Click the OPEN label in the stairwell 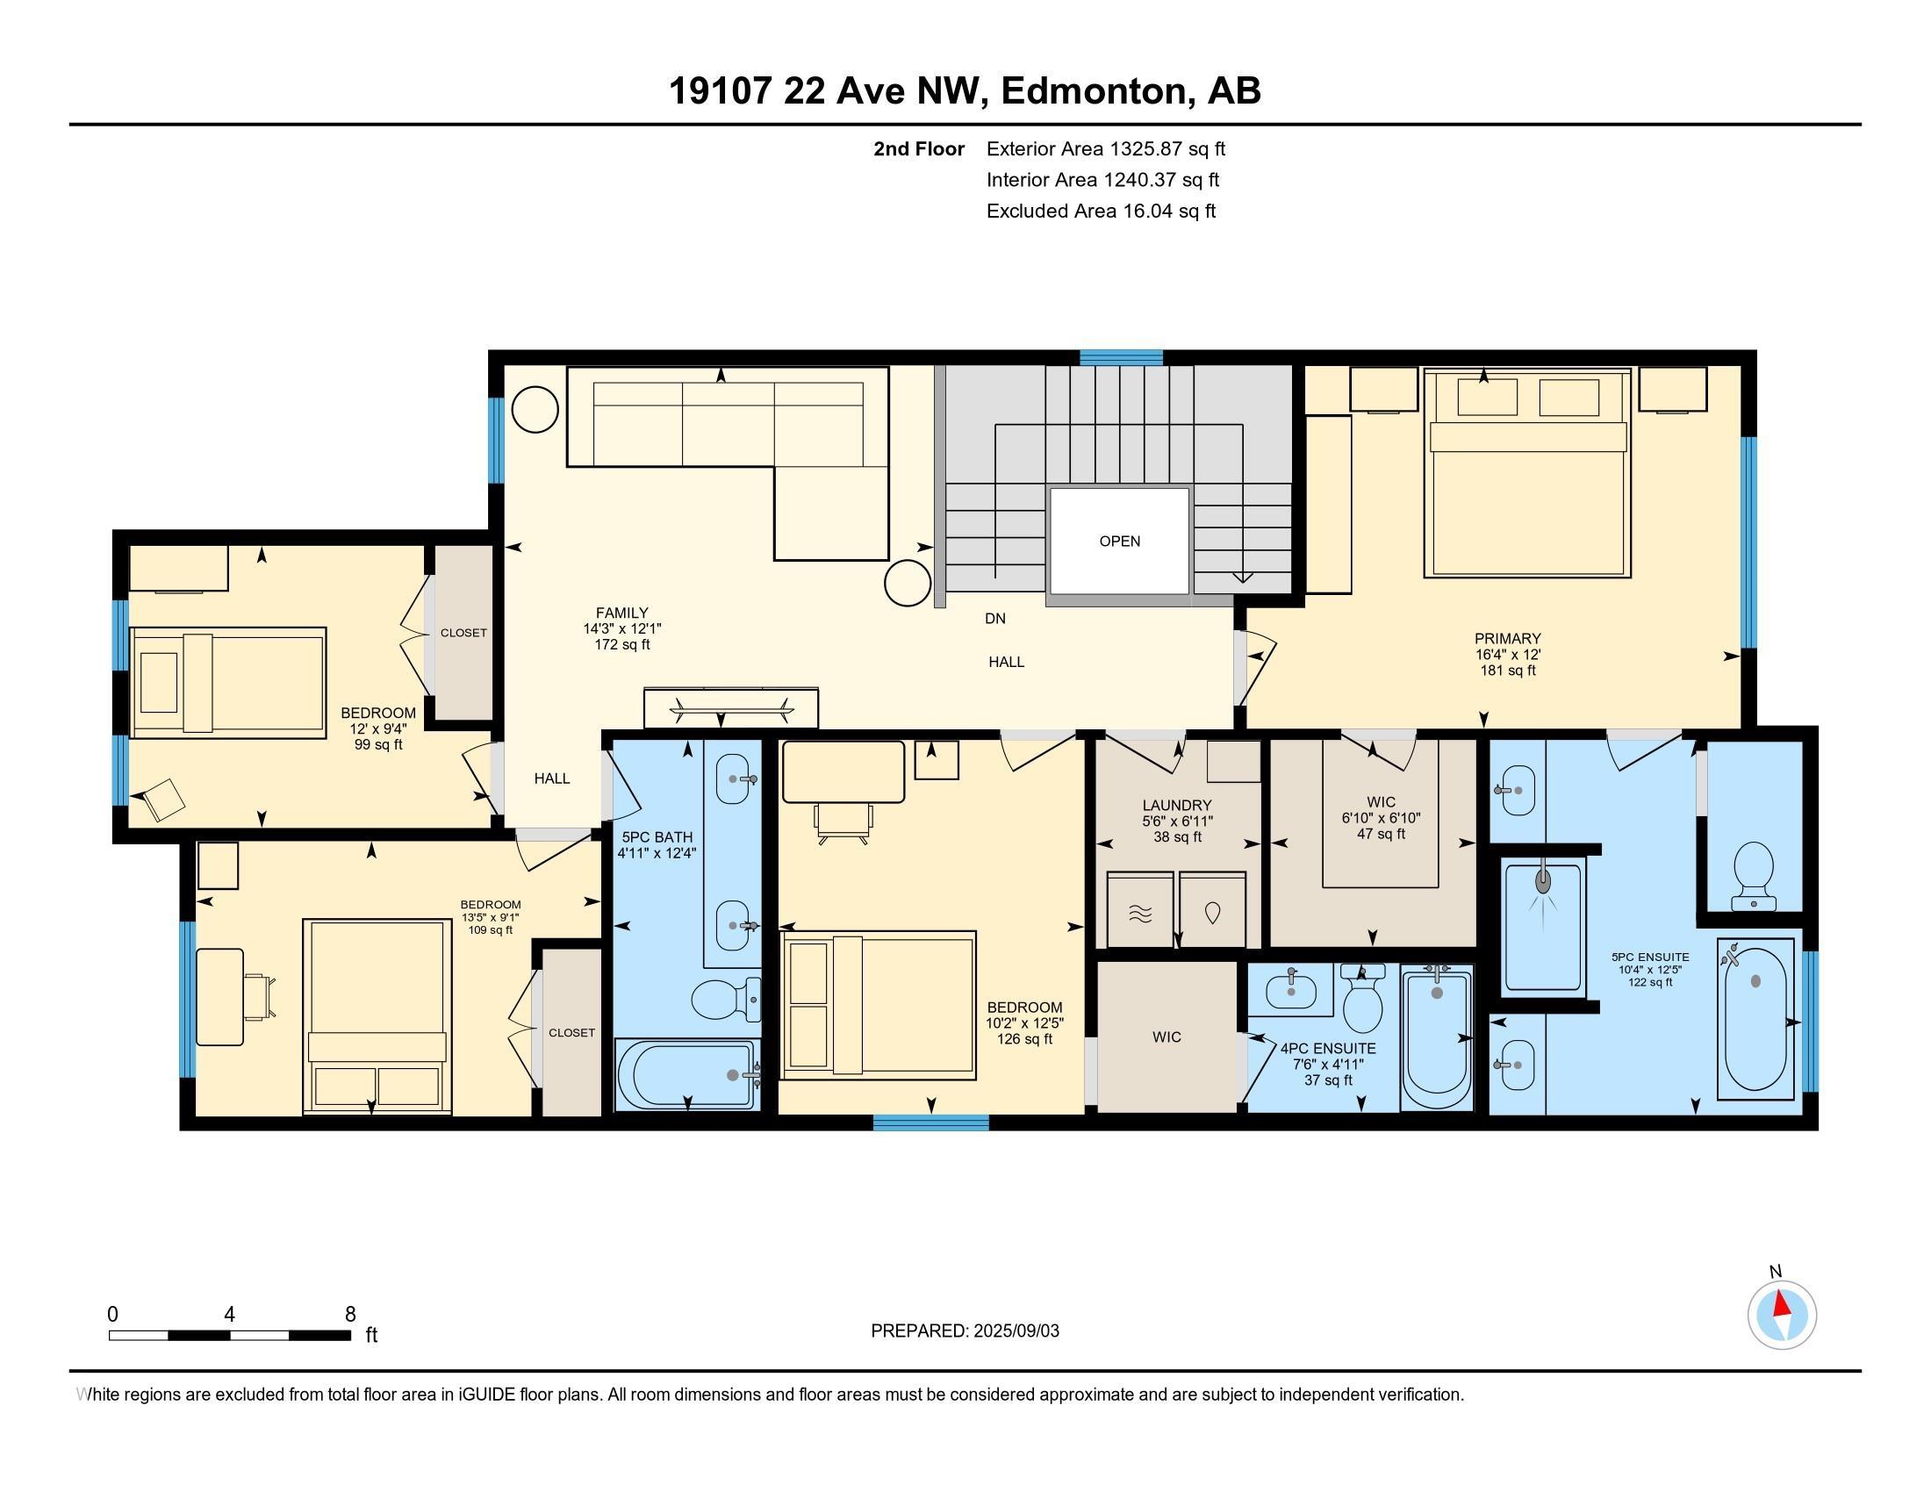point(1119,541)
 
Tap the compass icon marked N point(1782,1315)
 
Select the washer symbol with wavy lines point(1140,910)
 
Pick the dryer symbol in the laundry point(1212,910)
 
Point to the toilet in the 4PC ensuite point(1361,998)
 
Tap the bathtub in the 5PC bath point(687,1075)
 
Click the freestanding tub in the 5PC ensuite point(1757,1020)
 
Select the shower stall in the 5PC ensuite point(1543,926)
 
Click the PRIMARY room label point(1507,638)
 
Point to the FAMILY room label point(621,613)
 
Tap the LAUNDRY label point(1177,805)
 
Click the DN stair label point(995,619)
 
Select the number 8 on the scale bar point(350,1314)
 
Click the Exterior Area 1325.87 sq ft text point(1106,148)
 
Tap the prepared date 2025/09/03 point(1015,1331)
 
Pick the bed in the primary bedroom point(1527,475)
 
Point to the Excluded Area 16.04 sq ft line point(1102,211)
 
